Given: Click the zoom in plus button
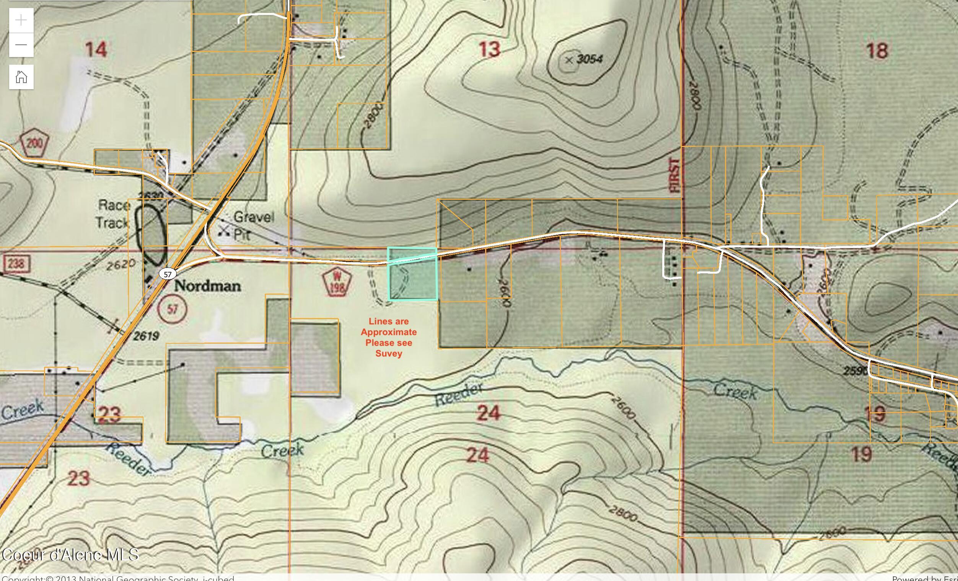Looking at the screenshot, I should [21, 20].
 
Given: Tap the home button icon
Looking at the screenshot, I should [21, 77].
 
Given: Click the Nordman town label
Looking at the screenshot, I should [208, 286].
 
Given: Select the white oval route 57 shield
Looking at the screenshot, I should [168, 274].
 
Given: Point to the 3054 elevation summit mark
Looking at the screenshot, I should [569, 60].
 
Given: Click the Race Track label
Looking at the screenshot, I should [113, 214].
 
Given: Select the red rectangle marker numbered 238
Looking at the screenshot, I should [15, 264].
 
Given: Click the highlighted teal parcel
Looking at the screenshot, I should [413, 274].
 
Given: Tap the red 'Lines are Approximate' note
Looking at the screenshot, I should [388, 337].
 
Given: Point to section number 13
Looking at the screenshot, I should [489, 49].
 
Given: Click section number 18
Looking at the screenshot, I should [877, 50].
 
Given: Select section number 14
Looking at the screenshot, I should [96, 50].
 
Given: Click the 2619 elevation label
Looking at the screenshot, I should [146, 336].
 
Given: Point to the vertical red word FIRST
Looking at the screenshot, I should [675, 175].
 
